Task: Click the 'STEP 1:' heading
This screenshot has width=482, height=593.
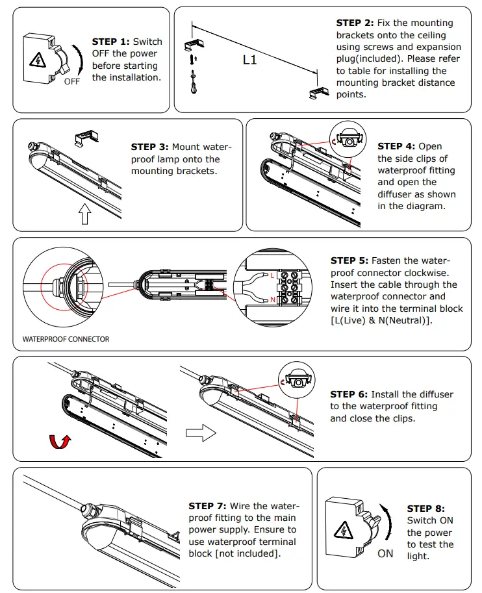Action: [111, 42]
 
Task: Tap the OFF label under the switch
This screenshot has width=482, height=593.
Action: [71, 82]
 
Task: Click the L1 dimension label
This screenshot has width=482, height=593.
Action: [250, 60]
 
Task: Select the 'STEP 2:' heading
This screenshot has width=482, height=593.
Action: [355, 23]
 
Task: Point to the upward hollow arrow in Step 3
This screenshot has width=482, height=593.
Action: [84, 214]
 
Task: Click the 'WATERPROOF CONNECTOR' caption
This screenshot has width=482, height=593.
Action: [66, 339]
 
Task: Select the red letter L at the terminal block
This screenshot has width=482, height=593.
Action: [272, 275]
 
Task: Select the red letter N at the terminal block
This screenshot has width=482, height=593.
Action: [272, 299]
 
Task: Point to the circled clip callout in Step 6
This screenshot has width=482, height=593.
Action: [296, 381]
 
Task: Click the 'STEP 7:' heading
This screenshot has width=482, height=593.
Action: [207, 506]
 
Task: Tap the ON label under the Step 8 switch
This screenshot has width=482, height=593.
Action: [385, 554]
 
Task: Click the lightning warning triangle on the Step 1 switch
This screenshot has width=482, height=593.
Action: [36, 61]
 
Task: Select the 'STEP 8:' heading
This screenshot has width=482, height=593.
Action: [426, 509]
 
